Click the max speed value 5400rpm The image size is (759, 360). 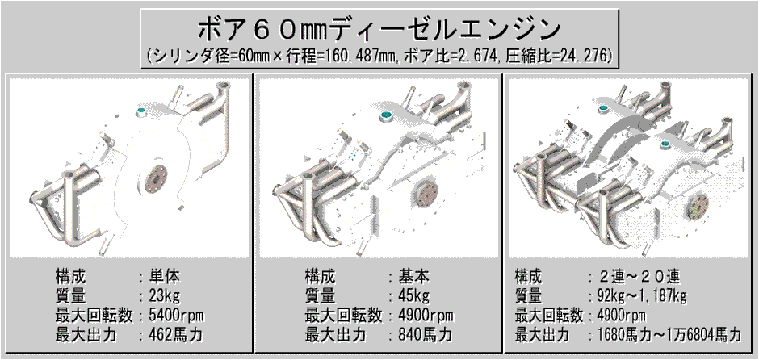pyautogui.click(x=177, y=314)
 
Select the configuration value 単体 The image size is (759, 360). pyautogui.click(x=166, y=275)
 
